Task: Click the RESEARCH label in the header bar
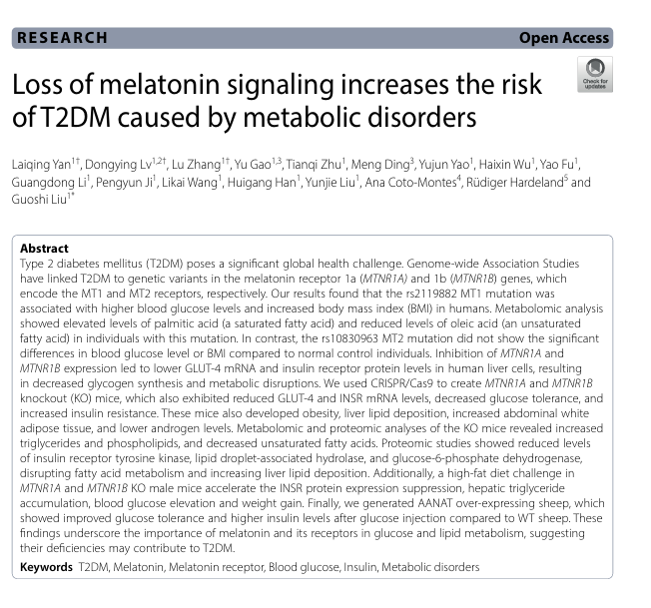[62, 38]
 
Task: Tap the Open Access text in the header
[563, 38]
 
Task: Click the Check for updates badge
[595, 75]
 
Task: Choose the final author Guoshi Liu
[41, 202]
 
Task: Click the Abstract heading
[45, 249]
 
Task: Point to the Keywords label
[47, 567]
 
